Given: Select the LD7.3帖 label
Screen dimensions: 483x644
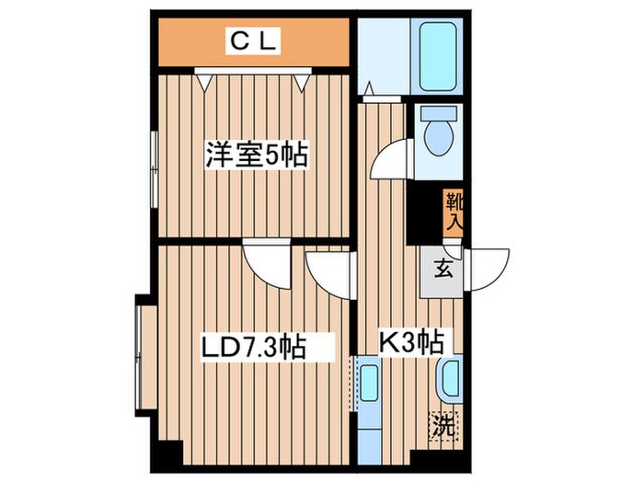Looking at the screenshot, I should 253,348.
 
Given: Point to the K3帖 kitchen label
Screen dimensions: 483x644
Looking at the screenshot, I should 412,343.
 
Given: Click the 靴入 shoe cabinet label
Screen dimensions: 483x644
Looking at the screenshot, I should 454,211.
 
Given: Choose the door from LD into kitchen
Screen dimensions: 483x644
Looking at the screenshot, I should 329,273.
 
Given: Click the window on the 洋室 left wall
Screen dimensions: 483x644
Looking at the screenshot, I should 153,164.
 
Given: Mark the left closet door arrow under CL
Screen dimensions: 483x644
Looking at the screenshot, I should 207,81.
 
